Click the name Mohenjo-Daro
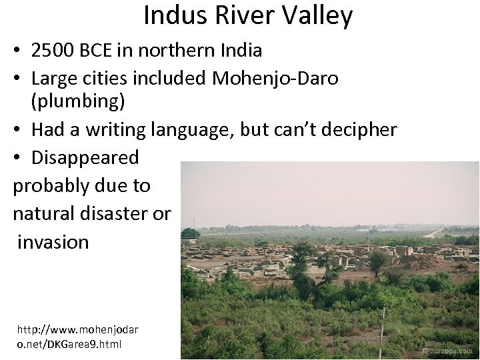point(275,79)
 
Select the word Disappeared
point(85,157)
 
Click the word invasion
point(53,241)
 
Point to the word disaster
point(115,214)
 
